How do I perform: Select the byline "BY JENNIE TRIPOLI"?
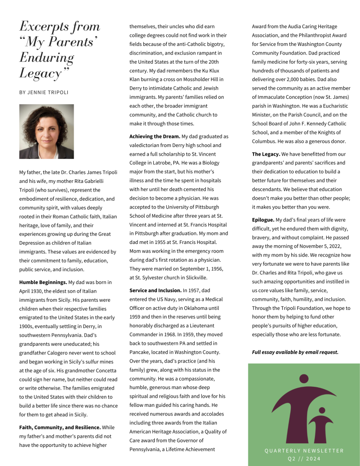coord(44,92)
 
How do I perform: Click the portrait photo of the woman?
coord(46,132)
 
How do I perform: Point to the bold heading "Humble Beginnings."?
coord(43,282)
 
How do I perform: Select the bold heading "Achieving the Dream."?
coord(155,137)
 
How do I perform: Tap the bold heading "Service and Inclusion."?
coord(155,290)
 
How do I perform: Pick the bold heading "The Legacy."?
coord(266,154)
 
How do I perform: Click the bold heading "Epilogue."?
coord(263,220)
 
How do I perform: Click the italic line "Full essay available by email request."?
coord(295,352)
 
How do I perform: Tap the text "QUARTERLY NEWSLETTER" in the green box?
coord(304,451)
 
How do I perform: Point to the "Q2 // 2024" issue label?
coord(304,459)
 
